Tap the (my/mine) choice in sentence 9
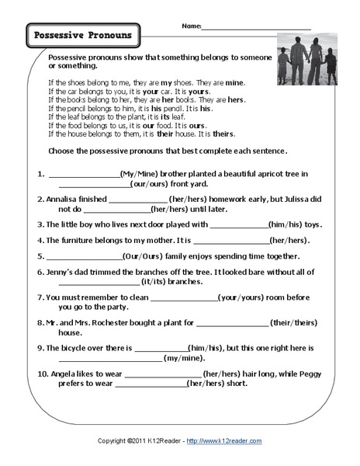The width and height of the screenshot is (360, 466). click(x=183, y=358)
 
